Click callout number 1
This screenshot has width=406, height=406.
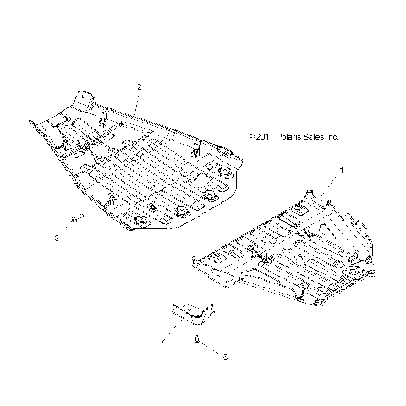(x=341, y=171)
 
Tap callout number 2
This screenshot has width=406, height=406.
(x=139, y=87)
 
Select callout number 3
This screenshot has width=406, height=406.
(x=56, y=239)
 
